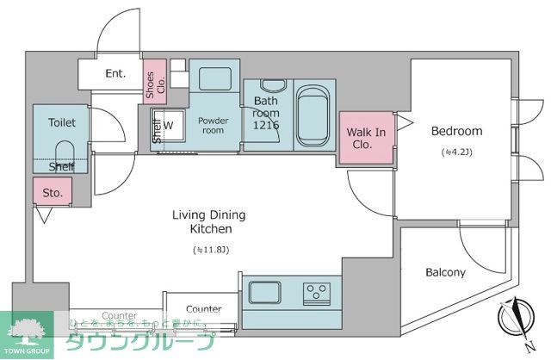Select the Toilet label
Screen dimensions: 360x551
tap(61, 123)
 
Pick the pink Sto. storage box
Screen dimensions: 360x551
tap(53, 193)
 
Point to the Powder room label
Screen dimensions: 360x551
tap(212, 126)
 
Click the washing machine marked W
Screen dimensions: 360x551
tap(170, 126)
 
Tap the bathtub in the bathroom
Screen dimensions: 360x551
tap(314, 118)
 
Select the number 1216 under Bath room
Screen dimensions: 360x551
tap(266, 126)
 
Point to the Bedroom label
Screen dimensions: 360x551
tap(456, 132)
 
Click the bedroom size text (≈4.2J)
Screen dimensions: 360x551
tap(455, 152)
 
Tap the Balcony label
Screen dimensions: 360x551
tap(445, 273)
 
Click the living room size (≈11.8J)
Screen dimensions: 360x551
tap(199, 251)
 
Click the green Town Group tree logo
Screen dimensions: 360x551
tap(28, 331)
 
